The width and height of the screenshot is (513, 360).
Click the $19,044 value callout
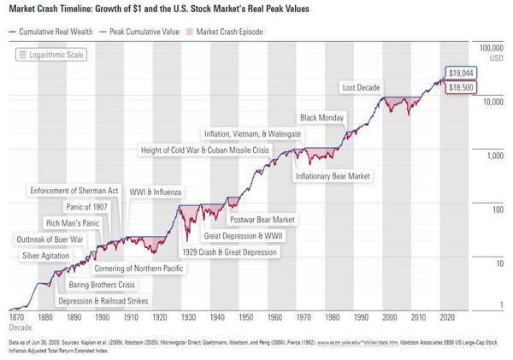click(460, 74)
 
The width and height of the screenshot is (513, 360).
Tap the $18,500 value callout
click(460, 87)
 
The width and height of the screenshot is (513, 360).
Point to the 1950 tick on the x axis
click(245, 316)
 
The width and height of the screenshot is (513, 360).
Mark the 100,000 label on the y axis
click(487, 48)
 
